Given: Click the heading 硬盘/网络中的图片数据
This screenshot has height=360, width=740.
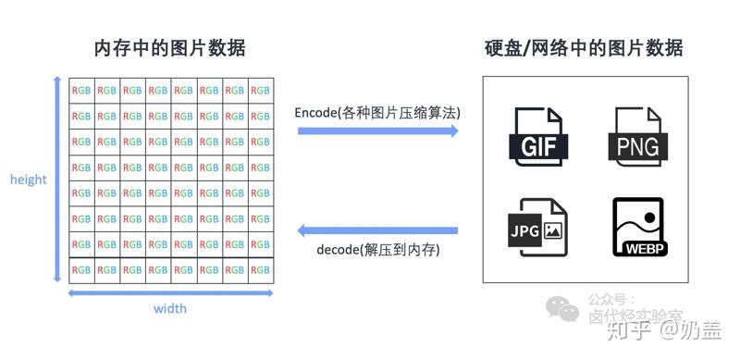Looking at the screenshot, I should [584, 48].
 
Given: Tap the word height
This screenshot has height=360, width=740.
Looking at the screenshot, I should [29, 180].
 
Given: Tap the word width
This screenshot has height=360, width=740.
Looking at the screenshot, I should [170, 308].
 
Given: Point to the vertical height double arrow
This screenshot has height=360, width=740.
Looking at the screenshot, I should [58, 180].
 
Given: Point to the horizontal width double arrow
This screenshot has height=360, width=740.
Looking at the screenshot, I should [170, 292].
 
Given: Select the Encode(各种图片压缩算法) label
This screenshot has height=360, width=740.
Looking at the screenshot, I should [377, 112].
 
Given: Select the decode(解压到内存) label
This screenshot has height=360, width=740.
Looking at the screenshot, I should [377, 250].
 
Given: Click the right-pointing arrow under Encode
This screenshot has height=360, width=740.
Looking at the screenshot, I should [377, 131].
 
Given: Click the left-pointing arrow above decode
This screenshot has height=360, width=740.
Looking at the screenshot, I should [377, 230].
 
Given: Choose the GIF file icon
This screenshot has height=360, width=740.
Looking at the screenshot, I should [536, 136].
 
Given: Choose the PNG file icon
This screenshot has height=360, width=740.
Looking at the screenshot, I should [636, 136].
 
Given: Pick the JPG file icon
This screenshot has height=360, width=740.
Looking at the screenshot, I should [536, 227].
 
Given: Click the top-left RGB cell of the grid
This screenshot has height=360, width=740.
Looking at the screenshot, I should [81, 91].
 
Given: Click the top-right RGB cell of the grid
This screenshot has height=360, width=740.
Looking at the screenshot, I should [261, 91].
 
